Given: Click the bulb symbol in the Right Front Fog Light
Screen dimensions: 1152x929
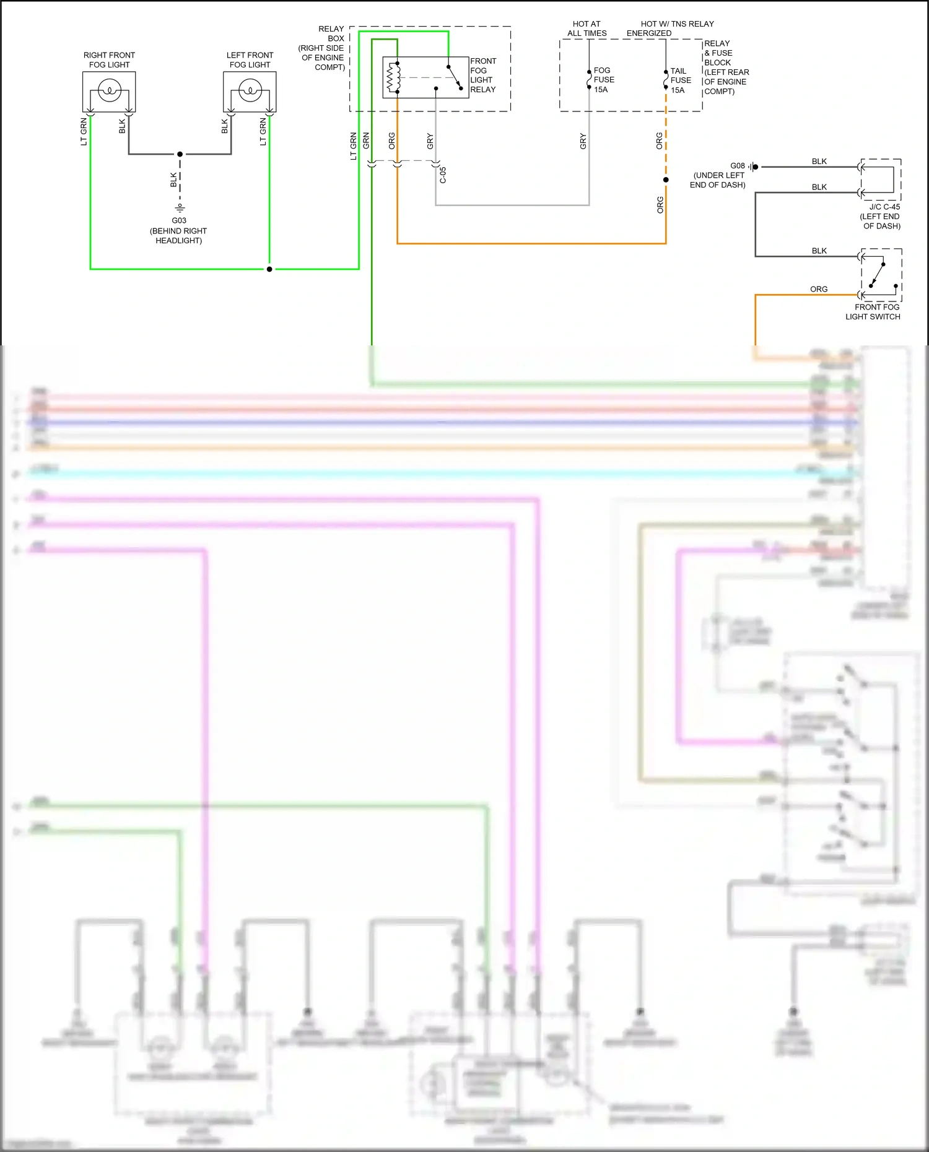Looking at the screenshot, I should pos(109,91).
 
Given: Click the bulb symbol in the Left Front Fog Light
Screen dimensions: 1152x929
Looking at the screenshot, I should pos(250,91).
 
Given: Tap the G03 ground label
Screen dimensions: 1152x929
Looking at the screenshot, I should pos(179,220).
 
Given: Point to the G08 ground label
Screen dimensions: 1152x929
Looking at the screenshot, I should pos(737,166).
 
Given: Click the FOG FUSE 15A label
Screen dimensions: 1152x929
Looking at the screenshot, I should pos(604,80).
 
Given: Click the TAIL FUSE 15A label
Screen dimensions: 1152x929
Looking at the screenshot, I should pos(681,80).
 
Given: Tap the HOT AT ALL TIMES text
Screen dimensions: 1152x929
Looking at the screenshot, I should pos(587,28).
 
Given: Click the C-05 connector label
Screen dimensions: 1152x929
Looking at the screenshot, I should pos(443,175).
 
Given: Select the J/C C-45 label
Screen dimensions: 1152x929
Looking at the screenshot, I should pos(884,207).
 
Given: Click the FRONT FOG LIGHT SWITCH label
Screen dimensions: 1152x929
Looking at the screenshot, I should pos(873,311).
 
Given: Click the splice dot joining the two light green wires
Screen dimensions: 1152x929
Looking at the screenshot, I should pos(269,269).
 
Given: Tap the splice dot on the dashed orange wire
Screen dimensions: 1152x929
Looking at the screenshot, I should pos(666,180).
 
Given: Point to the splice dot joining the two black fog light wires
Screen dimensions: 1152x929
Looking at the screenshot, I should pos(180,154).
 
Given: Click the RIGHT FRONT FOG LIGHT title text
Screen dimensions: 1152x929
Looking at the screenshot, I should pos(109,59).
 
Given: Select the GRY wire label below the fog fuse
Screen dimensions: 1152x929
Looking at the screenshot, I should pos(583,141).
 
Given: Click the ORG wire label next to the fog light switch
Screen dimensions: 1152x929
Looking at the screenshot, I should pos(818,289).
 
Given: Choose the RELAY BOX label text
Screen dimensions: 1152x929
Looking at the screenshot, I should pos(331,33).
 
